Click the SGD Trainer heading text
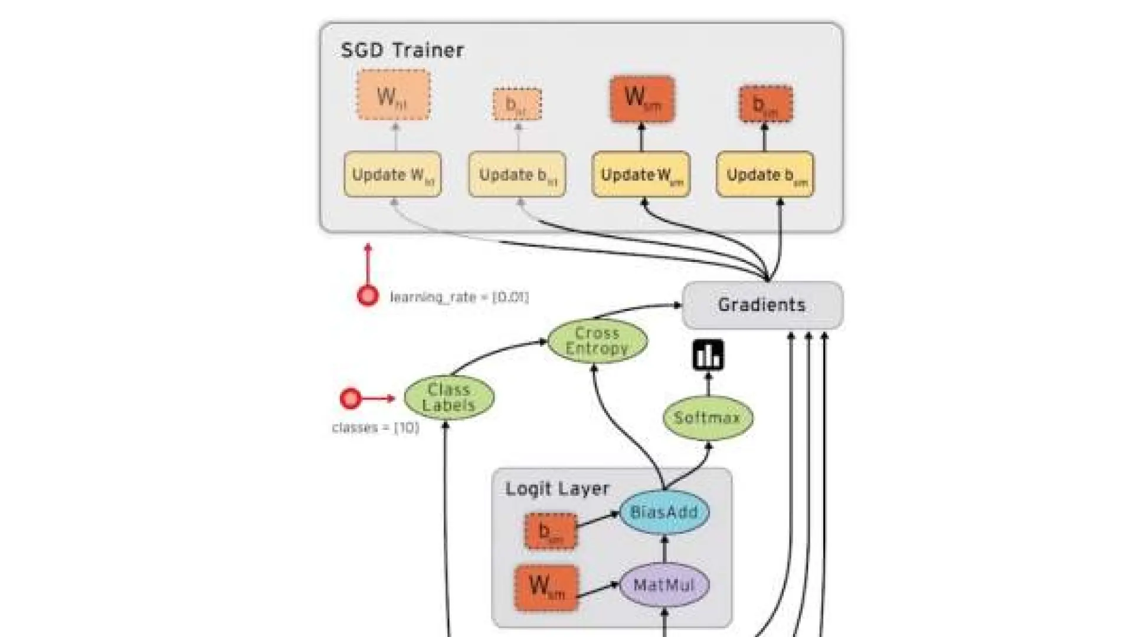click(x=402, y=50)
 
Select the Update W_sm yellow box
click(x=641, y=175)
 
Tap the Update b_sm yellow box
click(x=765, y=175)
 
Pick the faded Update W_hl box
click(x=392, y=175)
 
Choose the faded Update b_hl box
click(x=517, y=175)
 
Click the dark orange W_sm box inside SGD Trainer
click(x=642, y=98)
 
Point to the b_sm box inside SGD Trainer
click(x=765, y=104)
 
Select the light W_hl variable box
click(x=393, y=95)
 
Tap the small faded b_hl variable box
click(x=517, y=104)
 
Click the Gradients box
click(x=762, y=305)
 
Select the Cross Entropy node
click(x=597, y=341)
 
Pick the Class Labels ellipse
click(x=449, y=398)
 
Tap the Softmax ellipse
click(x=708, y=418)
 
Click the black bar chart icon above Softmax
click(x=708, y=355)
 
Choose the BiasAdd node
click(x=664, y=512)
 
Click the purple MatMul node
click(x=664, y=585)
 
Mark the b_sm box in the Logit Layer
click(x=551, y=531)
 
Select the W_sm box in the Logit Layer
click(x=546, y=587)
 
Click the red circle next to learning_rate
click(x=368, y=295)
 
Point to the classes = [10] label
click(x=376, y=428)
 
